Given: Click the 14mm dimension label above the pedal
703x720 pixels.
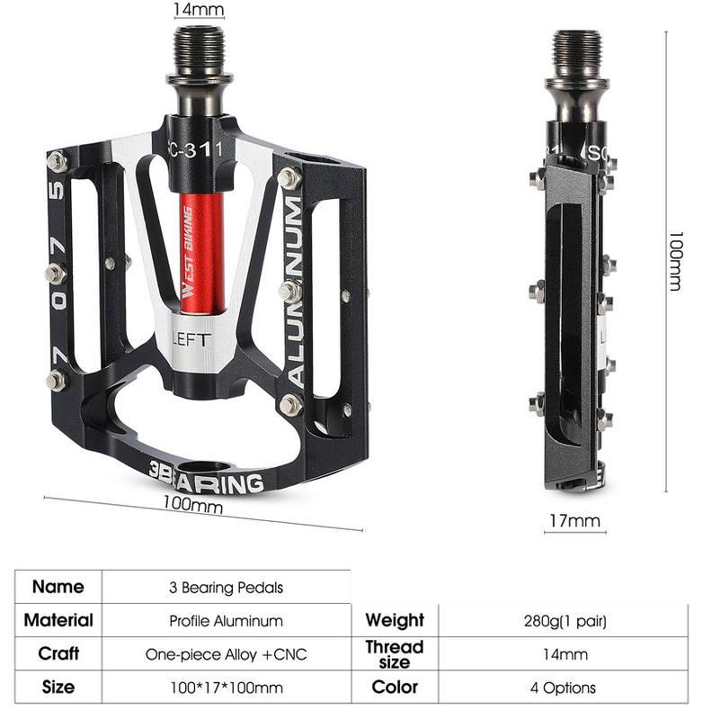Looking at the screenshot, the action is [x=199, y=9].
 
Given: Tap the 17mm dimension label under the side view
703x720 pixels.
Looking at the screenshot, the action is [x=574, y=521].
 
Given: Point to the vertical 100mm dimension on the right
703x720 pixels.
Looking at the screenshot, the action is [x=676, y=261].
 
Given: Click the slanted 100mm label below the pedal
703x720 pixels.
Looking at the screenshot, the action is [x=193, y=504].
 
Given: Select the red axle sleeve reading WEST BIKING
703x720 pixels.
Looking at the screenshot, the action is [x=201, y=254].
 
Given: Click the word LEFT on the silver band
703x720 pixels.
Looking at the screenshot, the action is [x=191, y=339].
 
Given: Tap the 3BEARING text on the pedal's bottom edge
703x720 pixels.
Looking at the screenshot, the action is [x=207, y=478].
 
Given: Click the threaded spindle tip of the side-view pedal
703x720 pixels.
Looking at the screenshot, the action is [x=577, y=51].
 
